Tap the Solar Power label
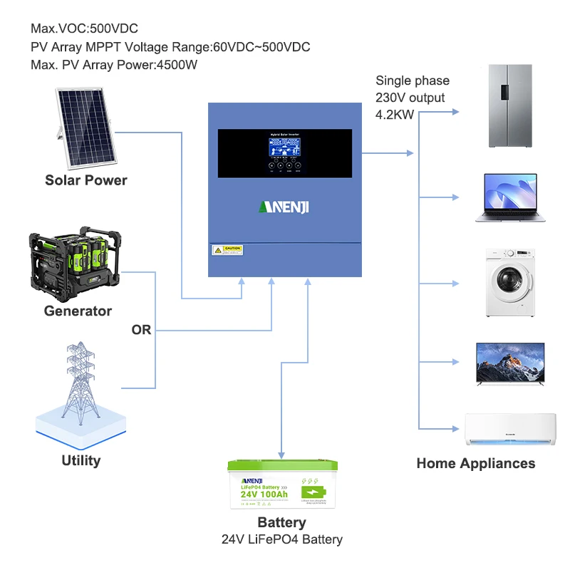[x=86, y=180]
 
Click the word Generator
[x=78, y=311]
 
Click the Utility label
[x=81, y=460]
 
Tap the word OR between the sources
[x=141, y=331]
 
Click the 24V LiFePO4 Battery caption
[x=281, y=539]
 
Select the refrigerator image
[x=510, y=106]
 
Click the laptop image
[x=509, y=197]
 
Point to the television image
[x=509, y=363]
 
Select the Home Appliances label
[x=475, y=463]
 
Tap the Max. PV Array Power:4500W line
[x=114, y=65]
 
